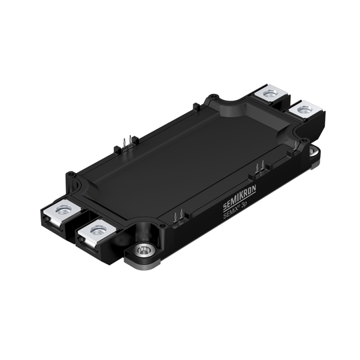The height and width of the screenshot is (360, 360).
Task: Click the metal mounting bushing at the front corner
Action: coord(144,251)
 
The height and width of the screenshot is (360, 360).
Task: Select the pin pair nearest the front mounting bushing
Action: coord(177,217)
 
